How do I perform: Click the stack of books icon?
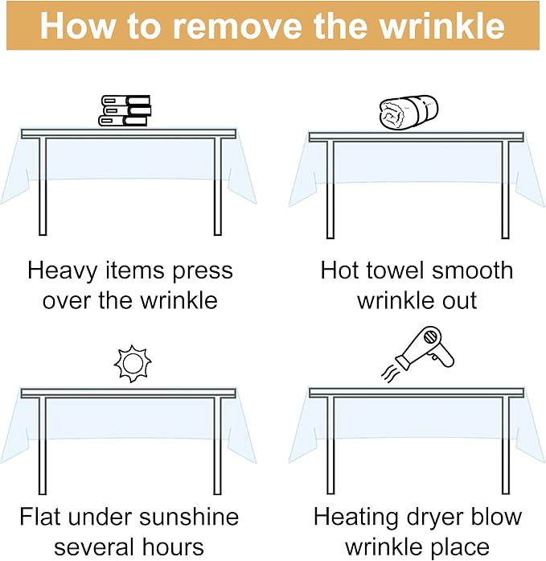[x=125, y=110]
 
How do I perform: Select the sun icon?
[x=133, y=364]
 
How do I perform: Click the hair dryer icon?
[x=425, y=348]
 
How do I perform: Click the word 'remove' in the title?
[x=237, y=26]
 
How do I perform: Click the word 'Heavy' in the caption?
[x=63, y=271]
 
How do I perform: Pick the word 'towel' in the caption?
[x=396, y=270]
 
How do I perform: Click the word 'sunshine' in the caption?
[x=189, y=517]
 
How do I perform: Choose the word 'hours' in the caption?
[x=174, y=547]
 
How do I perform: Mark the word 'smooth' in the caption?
[x=472, y=270]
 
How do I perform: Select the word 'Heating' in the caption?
[x=356, y=518]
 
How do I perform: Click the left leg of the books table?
[x=43, y=187]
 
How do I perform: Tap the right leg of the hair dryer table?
[x=505, y=445]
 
